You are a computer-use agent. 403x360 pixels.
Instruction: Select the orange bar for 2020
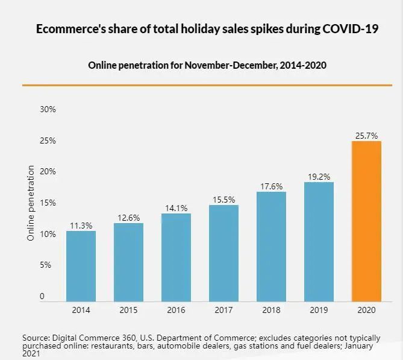tap(366, 221)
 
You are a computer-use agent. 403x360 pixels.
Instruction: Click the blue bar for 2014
tap(81, 266)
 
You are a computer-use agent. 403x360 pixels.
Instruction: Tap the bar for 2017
tap(224, 253)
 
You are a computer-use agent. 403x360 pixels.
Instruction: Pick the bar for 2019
tap(319, 241)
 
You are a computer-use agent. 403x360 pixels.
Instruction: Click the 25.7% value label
tap(366, 136)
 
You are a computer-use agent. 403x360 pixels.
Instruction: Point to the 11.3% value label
tap(81, 226)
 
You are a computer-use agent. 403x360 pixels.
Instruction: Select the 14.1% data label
tap(177, 209)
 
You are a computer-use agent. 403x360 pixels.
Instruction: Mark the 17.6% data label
tap(272, 187)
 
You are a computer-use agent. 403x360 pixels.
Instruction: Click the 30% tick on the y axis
tap(48, 109)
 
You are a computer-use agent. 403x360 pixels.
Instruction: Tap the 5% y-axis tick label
tap(48, 265)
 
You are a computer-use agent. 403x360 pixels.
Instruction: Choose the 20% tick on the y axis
tap(48, 171)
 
